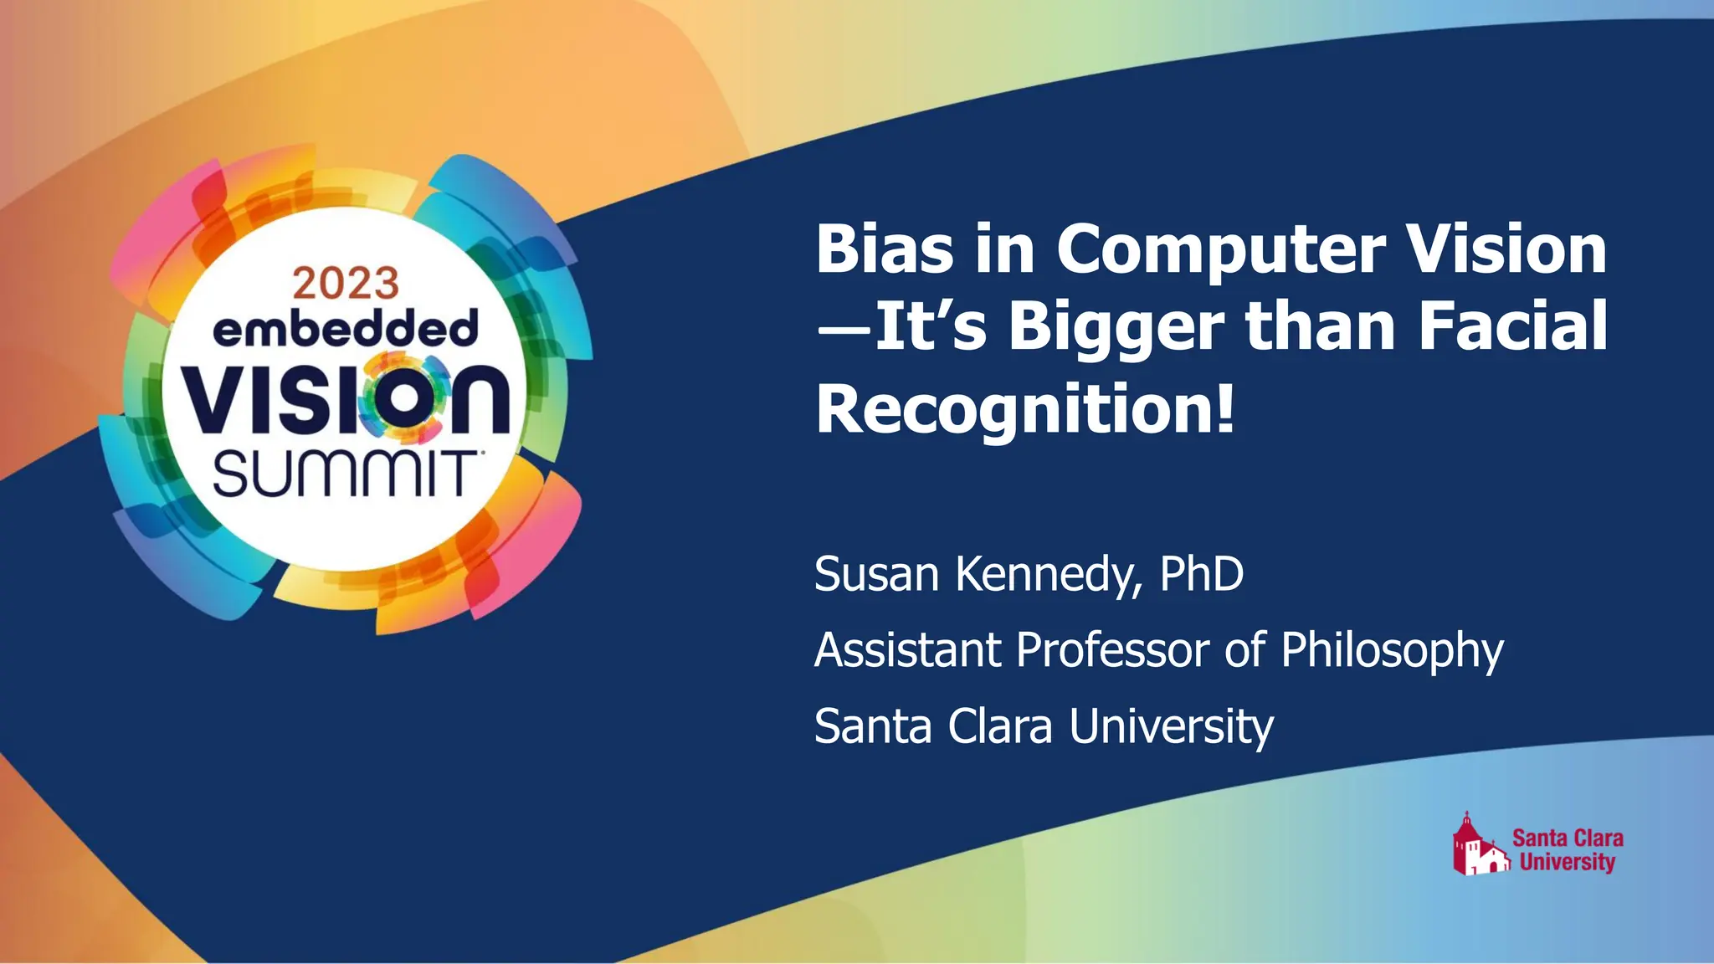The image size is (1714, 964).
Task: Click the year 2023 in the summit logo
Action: [x=346, y=284]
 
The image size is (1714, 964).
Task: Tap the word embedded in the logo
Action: [x=346, y=329]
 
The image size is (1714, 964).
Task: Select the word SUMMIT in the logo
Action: [x=344, y=474]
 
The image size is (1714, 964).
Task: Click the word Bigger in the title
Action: [x=1116, y=328]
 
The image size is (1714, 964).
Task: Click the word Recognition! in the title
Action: [x=1025, y=408]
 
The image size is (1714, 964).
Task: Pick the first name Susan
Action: [x=876, y=574]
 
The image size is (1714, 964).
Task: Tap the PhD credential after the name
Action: [x=1202, y=574]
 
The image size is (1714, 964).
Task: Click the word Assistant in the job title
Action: [x=907, y=650]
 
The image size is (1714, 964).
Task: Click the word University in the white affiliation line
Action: [x=1171, y=726]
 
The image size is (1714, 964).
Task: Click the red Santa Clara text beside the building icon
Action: [x=1568, y=838]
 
